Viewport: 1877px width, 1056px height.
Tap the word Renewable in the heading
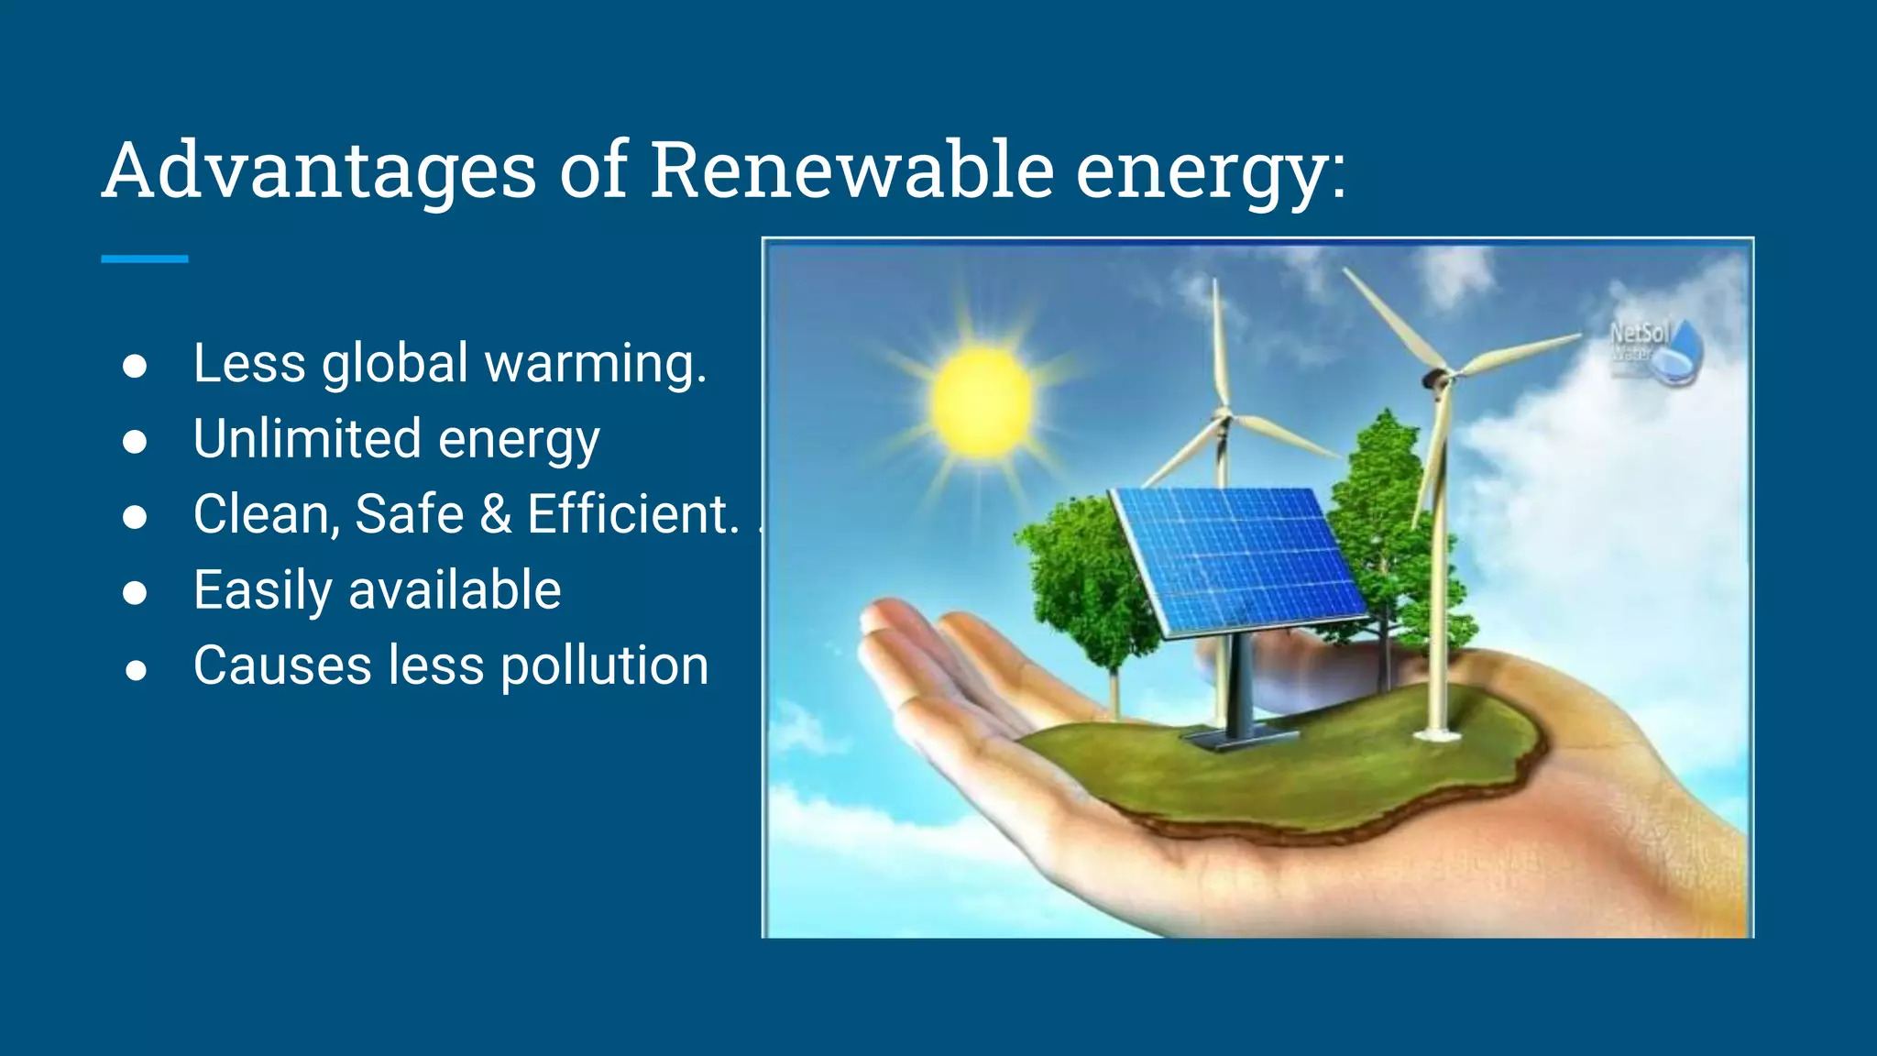(851, 170)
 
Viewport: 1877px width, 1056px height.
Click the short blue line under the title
(144, 259)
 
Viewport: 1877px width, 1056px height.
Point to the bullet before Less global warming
(135, 366)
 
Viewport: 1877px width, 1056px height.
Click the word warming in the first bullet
(595, 364)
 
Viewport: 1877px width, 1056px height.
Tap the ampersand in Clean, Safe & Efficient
(496, 514)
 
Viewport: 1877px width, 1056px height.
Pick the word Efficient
(632, 514)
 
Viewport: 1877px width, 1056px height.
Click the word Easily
(262, 590)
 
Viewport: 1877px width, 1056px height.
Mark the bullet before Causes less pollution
(136, 670)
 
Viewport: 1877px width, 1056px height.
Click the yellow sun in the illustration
(981, 401)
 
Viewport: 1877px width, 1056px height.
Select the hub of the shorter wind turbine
(1222, 419)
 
